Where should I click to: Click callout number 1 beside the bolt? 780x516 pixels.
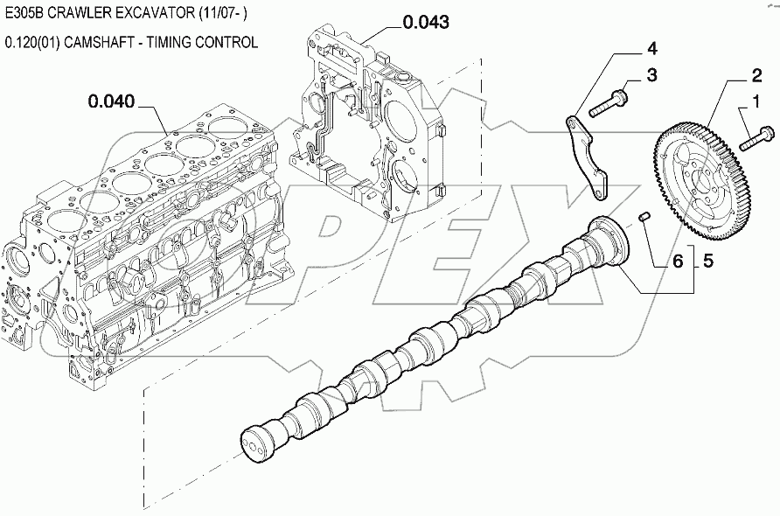pyautogui.click(x=749, y=106)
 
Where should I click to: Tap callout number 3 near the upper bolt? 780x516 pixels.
pyautogui.click(x=651, y=76)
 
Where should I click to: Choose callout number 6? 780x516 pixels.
pyautogui.click(x=678, y=259)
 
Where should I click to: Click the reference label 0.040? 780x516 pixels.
pyautogui.click(x=111, y=102)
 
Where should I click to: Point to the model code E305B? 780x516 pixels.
pyautogui.click(x=25, y=15)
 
